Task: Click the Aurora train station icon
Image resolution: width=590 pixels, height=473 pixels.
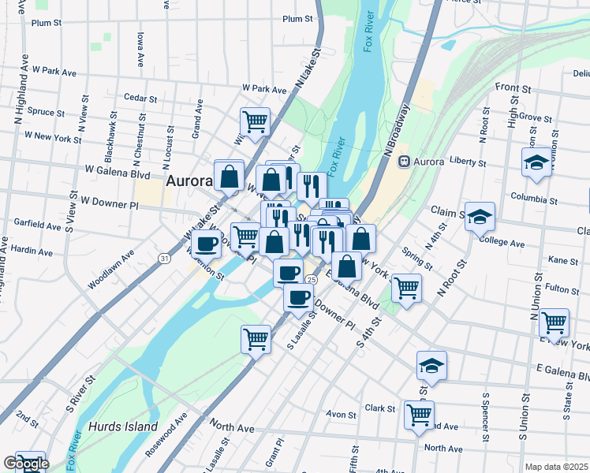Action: point(404,162)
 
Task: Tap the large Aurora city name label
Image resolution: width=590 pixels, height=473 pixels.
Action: point(189,181)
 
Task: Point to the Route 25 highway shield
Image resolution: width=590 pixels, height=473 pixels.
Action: point(312,280)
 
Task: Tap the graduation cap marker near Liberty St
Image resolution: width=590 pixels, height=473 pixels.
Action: point(536,163)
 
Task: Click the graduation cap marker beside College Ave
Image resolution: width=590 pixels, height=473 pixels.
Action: point(480,218)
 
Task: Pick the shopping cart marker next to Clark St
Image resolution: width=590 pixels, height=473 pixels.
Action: point(419,415)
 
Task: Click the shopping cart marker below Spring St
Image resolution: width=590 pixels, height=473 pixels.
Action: point(406,288)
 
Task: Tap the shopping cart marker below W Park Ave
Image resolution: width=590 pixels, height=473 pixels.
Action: point(255,122)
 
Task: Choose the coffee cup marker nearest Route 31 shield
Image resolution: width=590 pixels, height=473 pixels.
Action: point(207,244)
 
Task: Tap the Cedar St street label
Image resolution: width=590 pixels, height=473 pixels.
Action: point(140,97)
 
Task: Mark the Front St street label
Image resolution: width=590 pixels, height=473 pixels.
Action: point(510,87)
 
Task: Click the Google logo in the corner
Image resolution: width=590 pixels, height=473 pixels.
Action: point(25,464)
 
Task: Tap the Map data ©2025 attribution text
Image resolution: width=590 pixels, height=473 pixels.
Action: point(556,467)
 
